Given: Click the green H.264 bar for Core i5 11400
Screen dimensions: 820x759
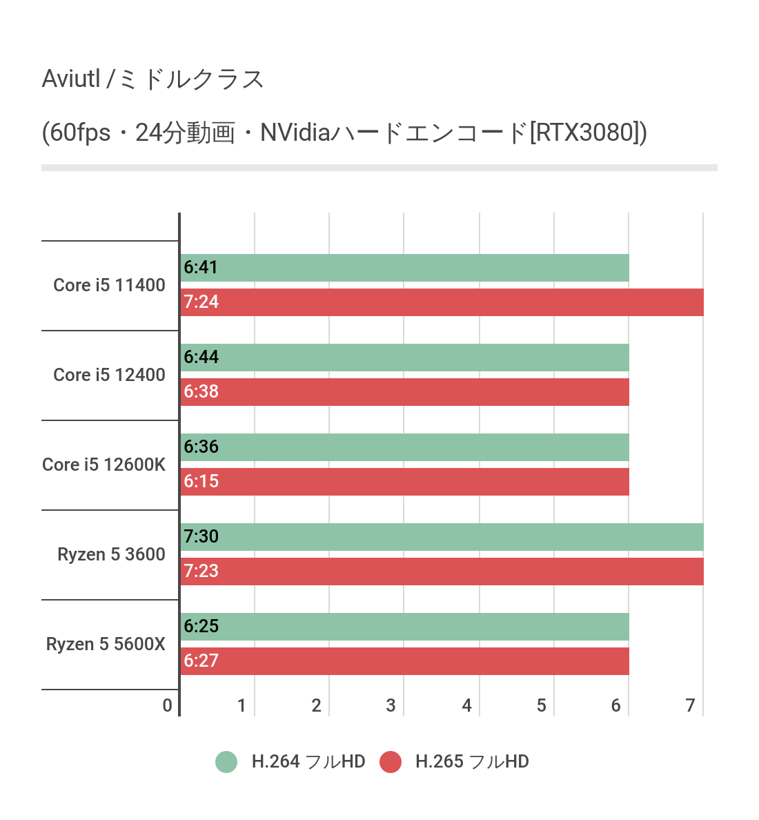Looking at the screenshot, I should coord(404,268).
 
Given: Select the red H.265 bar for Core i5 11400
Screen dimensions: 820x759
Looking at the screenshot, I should coord(442,302).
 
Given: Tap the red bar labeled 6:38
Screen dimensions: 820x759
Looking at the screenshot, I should coord(404,392).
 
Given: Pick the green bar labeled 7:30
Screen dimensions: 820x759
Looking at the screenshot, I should coord(442,537).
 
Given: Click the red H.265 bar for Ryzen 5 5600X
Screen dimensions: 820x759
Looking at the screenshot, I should coord(404,661).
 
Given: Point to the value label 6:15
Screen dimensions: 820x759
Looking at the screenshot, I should coord(201,482).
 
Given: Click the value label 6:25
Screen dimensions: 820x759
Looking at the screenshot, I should coord(201,627).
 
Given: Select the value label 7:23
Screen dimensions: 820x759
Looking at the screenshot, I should coord(201,572).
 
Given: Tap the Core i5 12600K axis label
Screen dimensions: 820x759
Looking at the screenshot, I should coord(103,465).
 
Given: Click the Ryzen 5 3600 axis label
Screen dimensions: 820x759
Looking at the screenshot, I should coord(111,554).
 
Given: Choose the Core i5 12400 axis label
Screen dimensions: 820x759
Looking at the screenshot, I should coord(109,375).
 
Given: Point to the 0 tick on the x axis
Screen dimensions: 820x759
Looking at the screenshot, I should coord(167,705).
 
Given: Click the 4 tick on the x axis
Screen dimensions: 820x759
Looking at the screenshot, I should coord(466,705).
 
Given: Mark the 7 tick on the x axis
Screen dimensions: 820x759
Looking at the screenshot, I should coord(690,705).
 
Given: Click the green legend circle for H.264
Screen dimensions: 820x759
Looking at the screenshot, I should coord(226,762).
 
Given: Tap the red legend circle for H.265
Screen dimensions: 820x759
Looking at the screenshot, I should coord(391,762).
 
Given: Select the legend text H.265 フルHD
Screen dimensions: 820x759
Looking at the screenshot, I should coord(472,762).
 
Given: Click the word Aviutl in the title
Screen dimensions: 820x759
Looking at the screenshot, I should coord(71,79).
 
